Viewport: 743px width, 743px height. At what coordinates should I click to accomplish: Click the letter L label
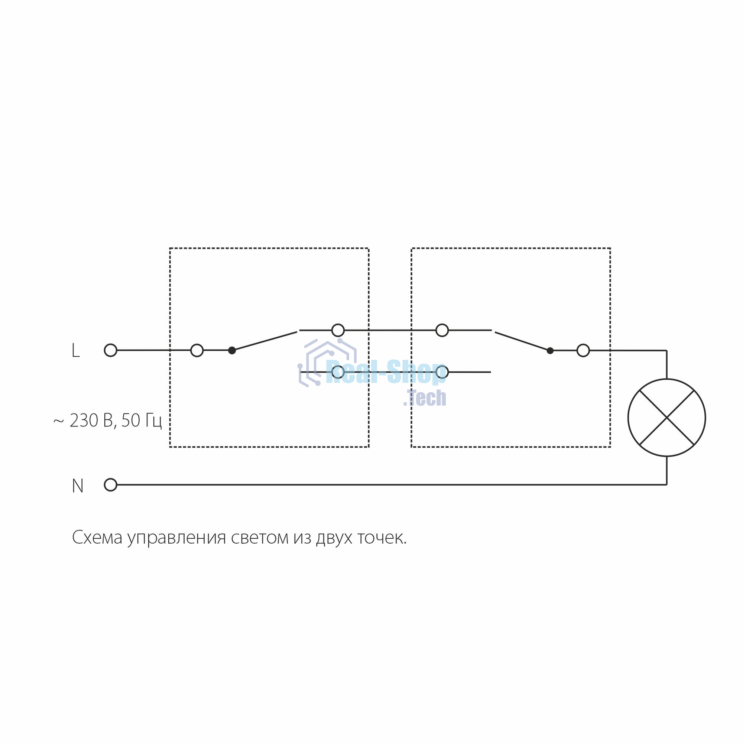pos(76,350)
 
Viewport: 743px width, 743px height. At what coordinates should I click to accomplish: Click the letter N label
pos(78,486)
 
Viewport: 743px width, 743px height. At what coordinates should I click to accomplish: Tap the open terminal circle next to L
pos(110,350)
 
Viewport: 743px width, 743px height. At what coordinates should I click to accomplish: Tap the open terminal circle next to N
pos(110,485)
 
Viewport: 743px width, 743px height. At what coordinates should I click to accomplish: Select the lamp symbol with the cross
pos(667,418)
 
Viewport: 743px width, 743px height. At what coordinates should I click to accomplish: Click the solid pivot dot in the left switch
pos(232,350)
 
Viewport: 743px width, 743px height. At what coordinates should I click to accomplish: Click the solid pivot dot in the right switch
pos(550,350)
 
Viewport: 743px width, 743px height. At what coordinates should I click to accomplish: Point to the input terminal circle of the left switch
pos(197,350)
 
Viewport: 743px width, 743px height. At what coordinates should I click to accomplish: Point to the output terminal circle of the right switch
pos(583,350)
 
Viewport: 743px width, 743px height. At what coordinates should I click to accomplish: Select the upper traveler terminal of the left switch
pos(338,330)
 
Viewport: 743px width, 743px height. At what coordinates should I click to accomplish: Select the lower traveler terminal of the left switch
pos(338,372)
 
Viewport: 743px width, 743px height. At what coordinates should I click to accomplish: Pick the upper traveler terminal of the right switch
pos(442,330)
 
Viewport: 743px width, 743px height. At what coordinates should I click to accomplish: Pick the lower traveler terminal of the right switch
pos(442,372)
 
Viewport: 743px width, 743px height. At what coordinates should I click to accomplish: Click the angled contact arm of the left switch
pos(265,341)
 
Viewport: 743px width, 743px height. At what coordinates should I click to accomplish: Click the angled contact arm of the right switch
pos(522,341)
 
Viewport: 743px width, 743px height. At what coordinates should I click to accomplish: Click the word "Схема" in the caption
pos(97,537)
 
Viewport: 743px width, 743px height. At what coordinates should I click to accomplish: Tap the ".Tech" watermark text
pos(425,398)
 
